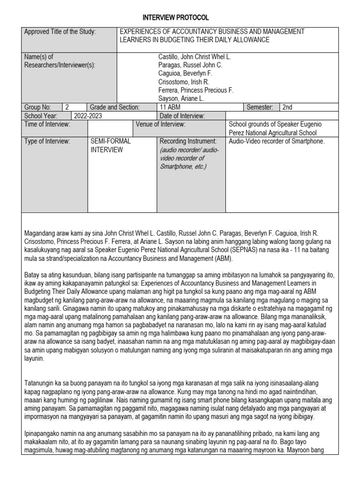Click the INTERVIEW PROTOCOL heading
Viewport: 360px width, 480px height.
coord(180,17)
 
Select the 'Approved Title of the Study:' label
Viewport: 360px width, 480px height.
coord(60,32)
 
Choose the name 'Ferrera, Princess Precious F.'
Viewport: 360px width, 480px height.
coord(196,90)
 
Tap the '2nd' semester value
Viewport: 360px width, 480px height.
coord(287,107)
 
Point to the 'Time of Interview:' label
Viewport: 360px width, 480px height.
coord(47,124)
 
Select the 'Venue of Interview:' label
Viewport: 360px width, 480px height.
coord(161,124)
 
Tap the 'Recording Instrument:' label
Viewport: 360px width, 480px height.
coord(188,141)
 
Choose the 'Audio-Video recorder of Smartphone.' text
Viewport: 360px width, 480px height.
coord(277,141)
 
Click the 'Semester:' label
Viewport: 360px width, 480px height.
coord(260,107)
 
